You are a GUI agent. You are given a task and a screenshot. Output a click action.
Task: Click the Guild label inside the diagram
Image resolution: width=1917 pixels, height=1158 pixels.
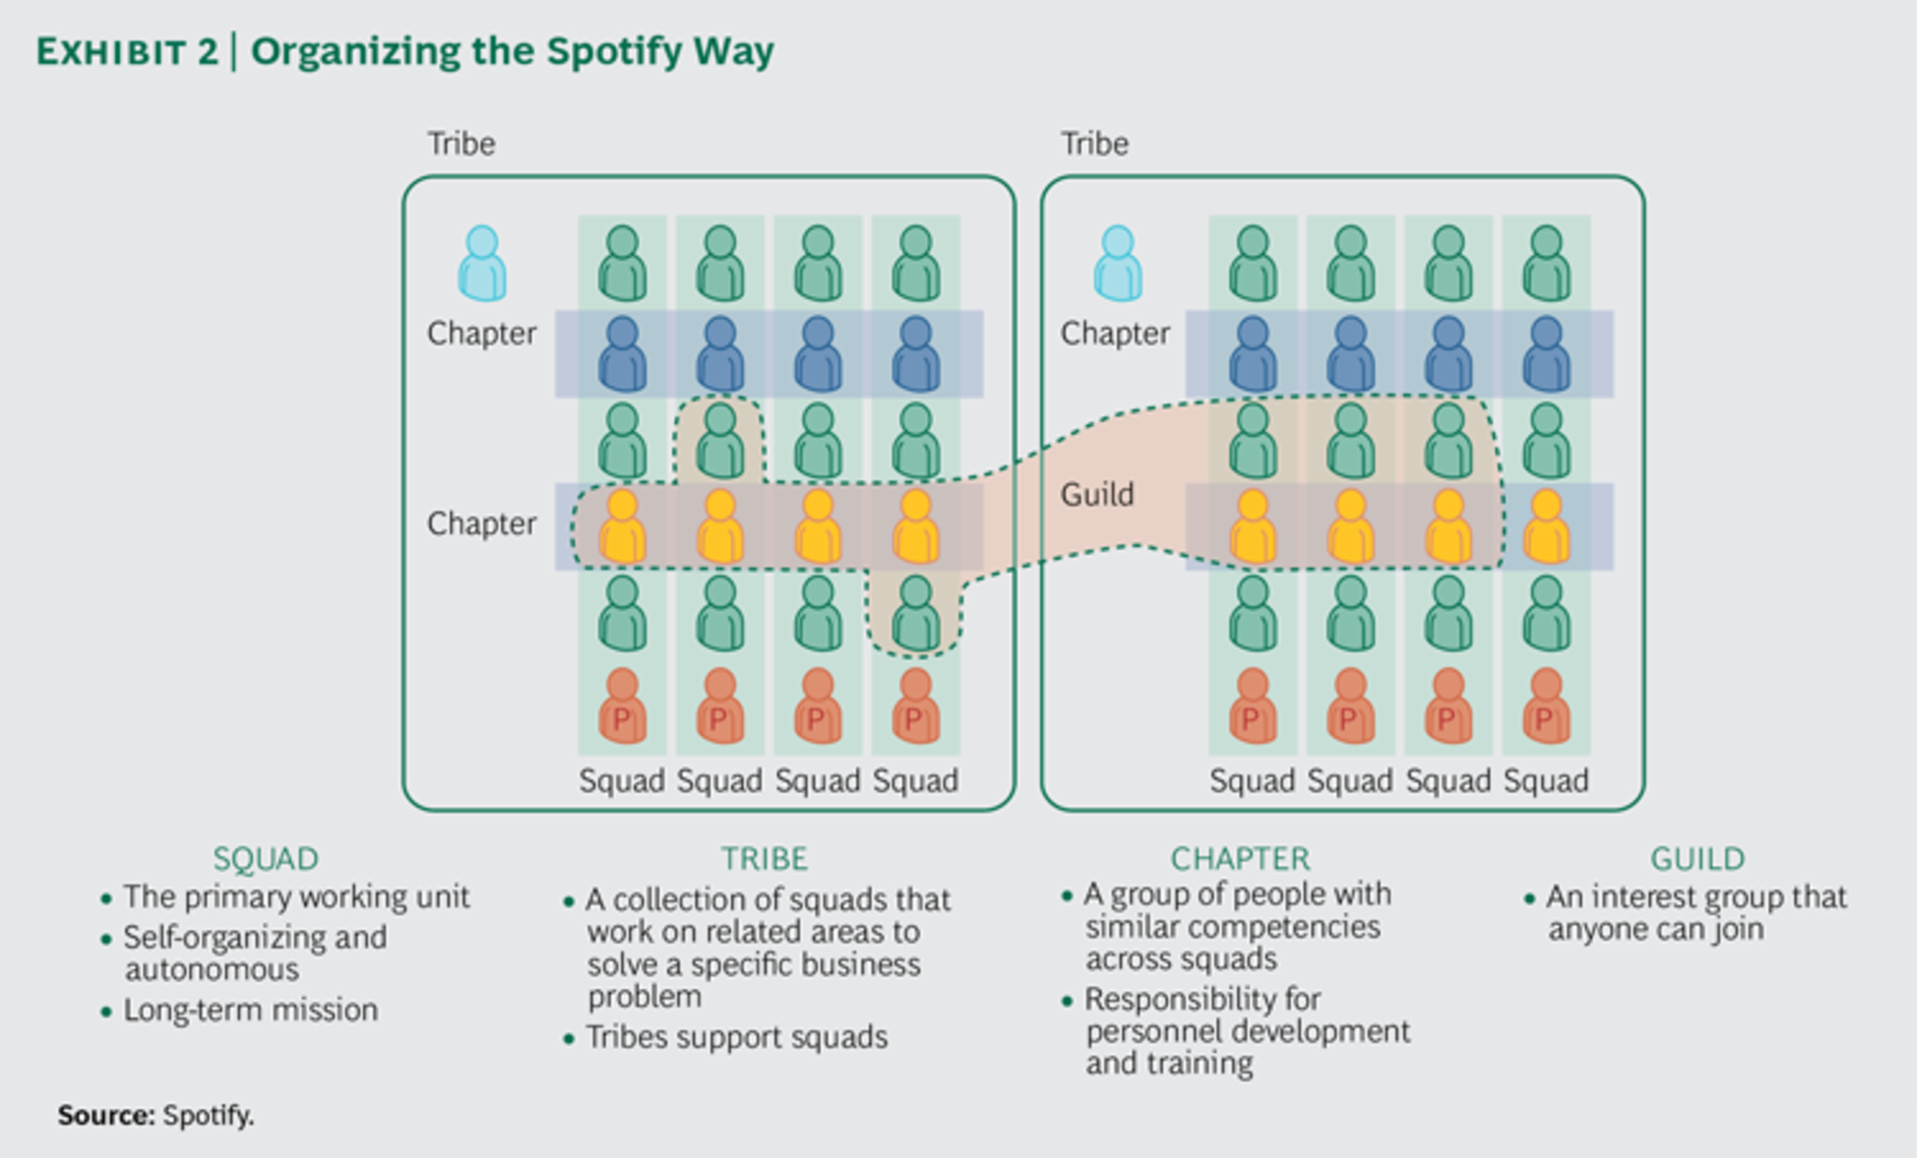[x=1097, y=495]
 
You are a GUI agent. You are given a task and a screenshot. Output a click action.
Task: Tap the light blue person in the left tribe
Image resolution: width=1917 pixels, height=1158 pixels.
[x=482, y=263]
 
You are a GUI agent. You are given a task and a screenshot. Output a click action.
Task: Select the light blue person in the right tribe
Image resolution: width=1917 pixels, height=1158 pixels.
[x=1118, y=263]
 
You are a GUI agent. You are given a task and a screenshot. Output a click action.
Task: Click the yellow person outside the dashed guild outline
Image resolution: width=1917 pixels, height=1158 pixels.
[x=1546, y=527]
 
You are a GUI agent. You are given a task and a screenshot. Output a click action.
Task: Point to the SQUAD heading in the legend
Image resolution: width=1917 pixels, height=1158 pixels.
[x=266, y=859]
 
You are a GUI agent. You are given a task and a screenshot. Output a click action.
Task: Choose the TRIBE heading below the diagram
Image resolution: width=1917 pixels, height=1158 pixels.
[x=764, y=859]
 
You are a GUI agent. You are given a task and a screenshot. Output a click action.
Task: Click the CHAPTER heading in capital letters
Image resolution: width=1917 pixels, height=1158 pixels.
[x=1241, y=859]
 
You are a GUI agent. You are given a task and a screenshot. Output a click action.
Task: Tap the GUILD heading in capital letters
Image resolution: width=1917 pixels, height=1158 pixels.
[x=1697, y=859]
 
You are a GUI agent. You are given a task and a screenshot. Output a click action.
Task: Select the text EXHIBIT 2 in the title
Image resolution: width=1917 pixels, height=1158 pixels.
[x=128, y=52]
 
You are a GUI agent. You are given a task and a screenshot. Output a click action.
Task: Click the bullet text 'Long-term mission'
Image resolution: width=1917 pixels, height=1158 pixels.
[x=250, y=1010]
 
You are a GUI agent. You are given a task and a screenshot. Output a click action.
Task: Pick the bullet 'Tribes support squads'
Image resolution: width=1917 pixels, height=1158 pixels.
[x=737, y=1037]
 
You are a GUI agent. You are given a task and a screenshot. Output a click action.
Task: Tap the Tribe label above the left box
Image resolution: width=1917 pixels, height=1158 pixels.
[x=461, y=144]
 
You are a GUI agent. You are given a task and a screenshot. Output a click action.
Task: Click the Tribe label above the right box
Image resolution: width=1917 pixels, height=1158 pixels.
[x=1095, y=144]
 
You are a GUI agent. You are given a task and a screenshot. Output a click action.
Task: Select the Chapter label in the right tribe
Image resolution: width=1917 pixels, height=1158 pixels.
[x=1115, y=334]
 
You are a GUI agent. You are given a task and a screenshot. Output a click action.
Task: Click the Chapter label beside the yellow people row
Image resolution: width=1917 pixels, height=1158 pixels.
[x=482, y=524]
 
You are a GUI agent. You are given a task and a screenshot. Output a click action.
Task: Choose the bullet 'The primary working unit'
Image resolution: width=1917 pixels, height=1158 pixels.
[x=296, y=897]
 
